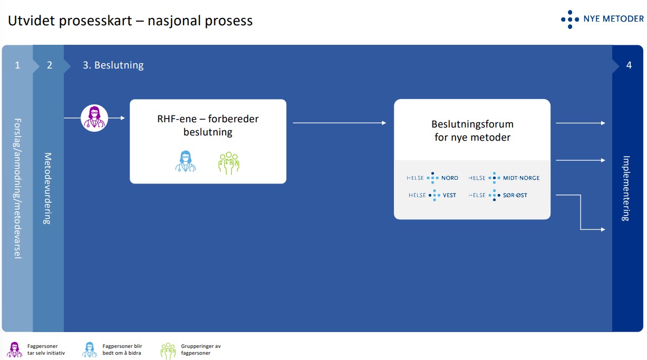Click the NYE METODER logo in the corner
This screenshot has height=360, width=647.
coord(602,19)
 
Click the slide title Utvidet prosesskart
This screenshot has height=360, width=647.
coord(130,21)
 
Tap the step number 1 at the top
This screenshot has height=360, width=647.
coord(17,65)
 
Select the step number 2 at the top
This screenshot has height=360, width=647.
coord(50,65)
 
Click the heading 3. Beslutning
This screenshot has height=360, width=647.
coord(113,65)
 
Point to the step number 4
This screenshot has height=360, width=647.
coord(629,65)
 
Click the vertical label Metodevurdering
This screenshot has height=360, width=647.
coord(48,188)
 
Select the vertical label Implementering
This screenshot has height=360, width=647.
coord(626,188)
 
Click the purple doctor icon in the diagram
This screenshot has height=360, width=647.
coord(94,118)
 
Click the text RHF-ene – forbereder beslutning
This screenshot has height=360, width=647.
coord(208,125)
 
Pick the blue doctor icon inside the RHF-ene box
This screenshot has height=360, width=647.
coord(186,162)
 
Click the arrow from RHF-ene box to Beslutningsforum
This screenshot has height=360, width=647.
coord(340,123)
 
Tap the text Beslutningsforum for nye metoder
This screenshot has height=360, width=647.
coord(472,131)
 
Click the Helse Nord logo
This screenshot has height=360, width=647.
coord(432,178)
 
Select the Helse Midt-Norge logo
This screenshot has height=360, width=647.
coord(504,178)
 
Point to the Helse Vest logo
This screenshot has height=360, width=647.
coord(432,196)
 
